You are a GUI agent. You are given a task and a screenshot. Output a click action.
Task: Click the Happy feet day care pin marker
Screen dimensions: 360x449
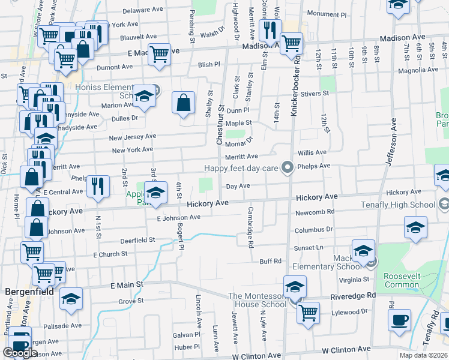click(288, 167)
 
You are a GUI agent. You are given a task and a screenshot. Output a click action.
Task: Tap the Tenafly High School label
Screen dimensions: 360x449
click(398, 205)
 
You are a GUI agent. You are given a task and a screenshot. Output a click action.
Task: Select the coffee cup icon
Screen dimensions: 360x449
click(399, 319)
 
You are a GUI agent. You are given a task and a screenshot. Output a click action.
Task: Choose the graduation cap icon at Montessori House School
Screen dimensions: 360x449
click(295, 287)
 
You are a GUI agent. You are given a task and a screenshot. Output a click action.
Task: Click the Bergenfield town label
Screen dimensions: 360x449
click(29, 292)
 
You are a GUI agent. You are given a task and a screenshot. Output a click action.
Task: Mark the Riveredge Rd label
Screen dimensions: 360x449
click(353, 296)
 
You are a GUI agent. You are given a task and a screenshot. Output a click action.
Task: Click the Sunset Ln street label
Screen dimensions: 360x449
click(309, 247)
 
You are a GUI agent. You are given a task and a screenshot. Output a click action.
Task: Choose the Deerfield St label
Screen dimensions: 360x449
click(137, 239)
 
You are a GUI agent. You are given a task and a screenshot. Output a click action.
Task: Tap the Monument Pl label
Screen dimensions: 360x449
click(327, 13)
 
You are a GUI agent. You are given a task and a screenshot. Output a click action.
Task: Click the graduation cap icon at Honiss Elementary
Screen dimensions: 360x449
click(144, 97)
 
